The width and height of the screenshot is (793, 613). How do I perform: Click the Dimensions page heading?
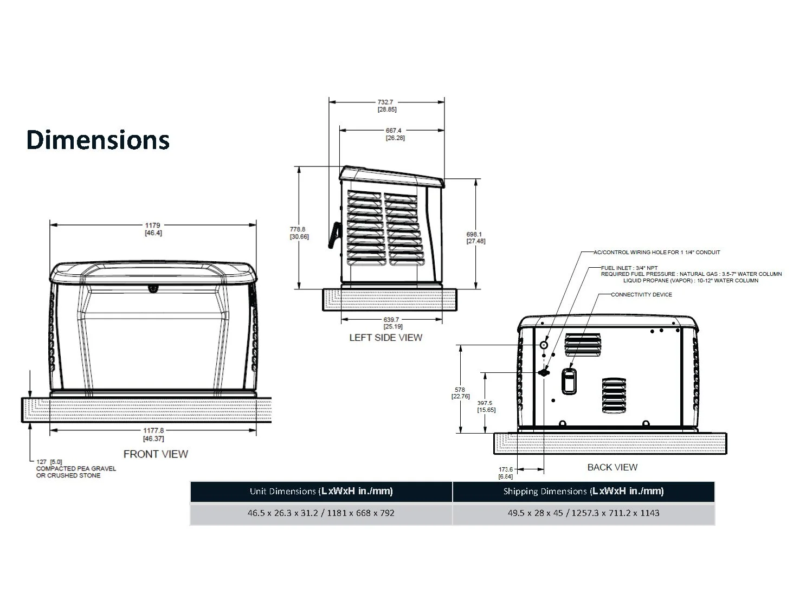point(98,140)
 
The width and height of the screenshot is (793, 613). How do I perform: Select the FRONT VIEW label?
point(156,454)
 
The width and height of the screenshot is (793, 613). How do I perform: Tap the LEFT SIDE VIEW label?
point(385,338)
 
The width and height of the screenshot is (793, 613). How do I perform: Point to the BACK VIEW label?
point(612,467)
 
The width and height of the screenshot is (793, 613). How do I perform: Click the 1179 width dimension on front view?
point(153,225)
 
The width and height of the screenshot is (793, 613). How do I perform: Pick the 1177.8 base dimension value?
point(153,431)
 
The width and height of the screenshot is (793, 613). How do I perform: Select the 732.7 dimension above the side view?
point(387,102)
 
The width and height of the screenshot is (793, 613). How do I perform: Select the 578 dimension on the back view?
point(460,390)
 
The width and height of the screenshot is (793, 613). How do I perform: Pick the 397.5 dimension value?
point(485,403)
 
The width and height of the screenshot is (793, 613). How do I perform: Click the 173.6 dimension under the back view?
point(505,469)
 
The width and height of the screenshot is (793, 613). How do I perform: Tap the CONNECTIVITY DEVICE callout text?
point(641,295)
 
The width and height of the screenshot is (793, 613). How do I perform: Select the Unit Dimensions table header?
point(321,492)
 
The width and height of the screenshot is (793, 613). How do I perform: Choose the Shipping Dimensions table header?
point(583,492)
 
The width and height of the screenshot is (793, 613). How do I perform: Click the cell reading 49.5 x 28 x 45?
point(583,513)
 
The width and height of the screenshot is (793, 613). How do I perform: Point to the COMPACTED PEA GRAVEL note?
point(76,469)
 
